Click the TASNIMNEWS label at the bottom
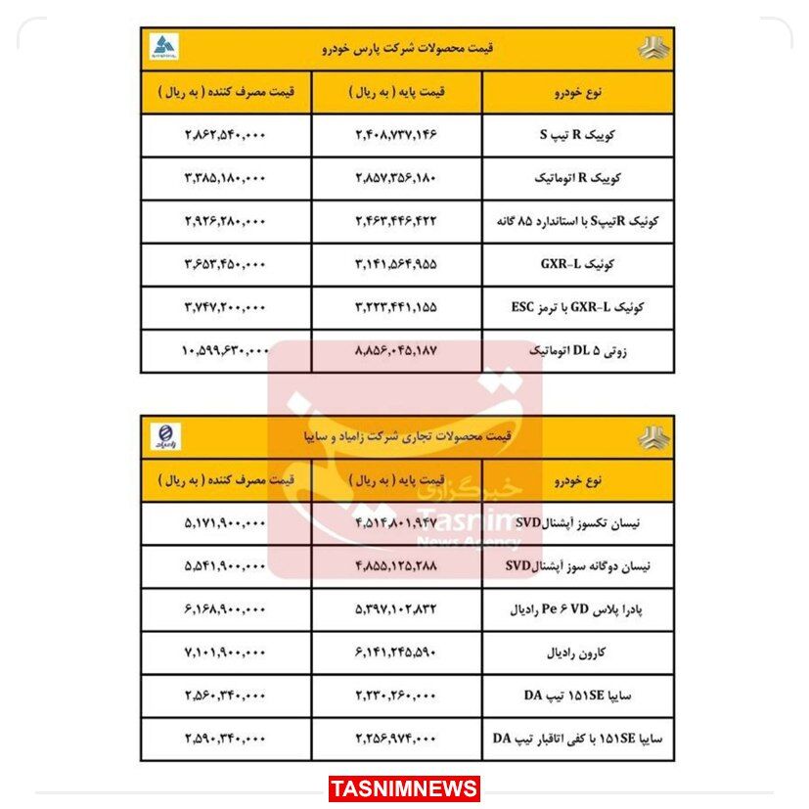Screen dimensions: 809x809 [404, 788]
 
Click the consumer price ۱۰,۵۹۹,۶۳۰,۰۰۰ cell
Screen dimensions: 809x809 [225, 348]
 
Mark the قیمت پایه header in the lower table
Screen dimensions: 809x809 [397, 481]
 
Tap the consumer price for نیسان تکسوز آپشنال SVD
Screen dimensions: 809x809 [225, 523]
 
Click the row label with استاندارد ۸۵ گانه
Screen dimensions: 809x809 [577, 222]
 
